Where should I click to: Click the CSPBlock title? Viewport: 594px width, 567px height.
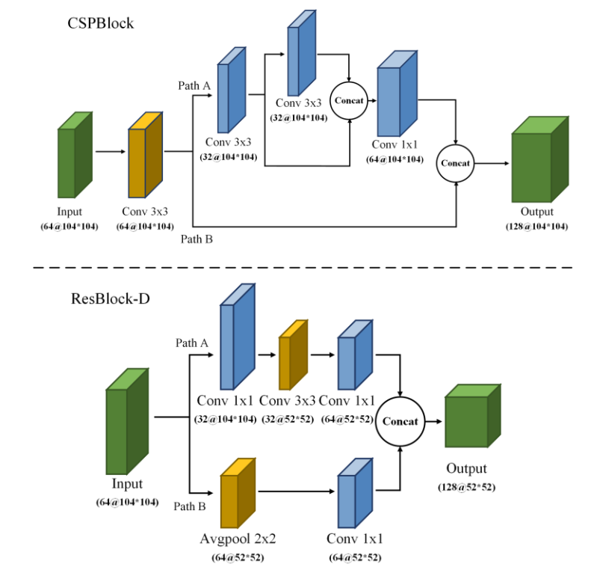(100, 23)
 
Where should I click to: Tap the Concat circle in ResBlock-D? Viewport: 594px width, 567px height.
(400, 420)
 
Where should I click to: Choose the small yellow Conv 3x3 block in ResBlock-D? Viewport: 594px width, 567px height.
(293, 356)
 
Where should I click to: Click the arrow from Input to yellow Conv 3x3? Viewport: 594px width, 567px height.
(110, 152)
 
